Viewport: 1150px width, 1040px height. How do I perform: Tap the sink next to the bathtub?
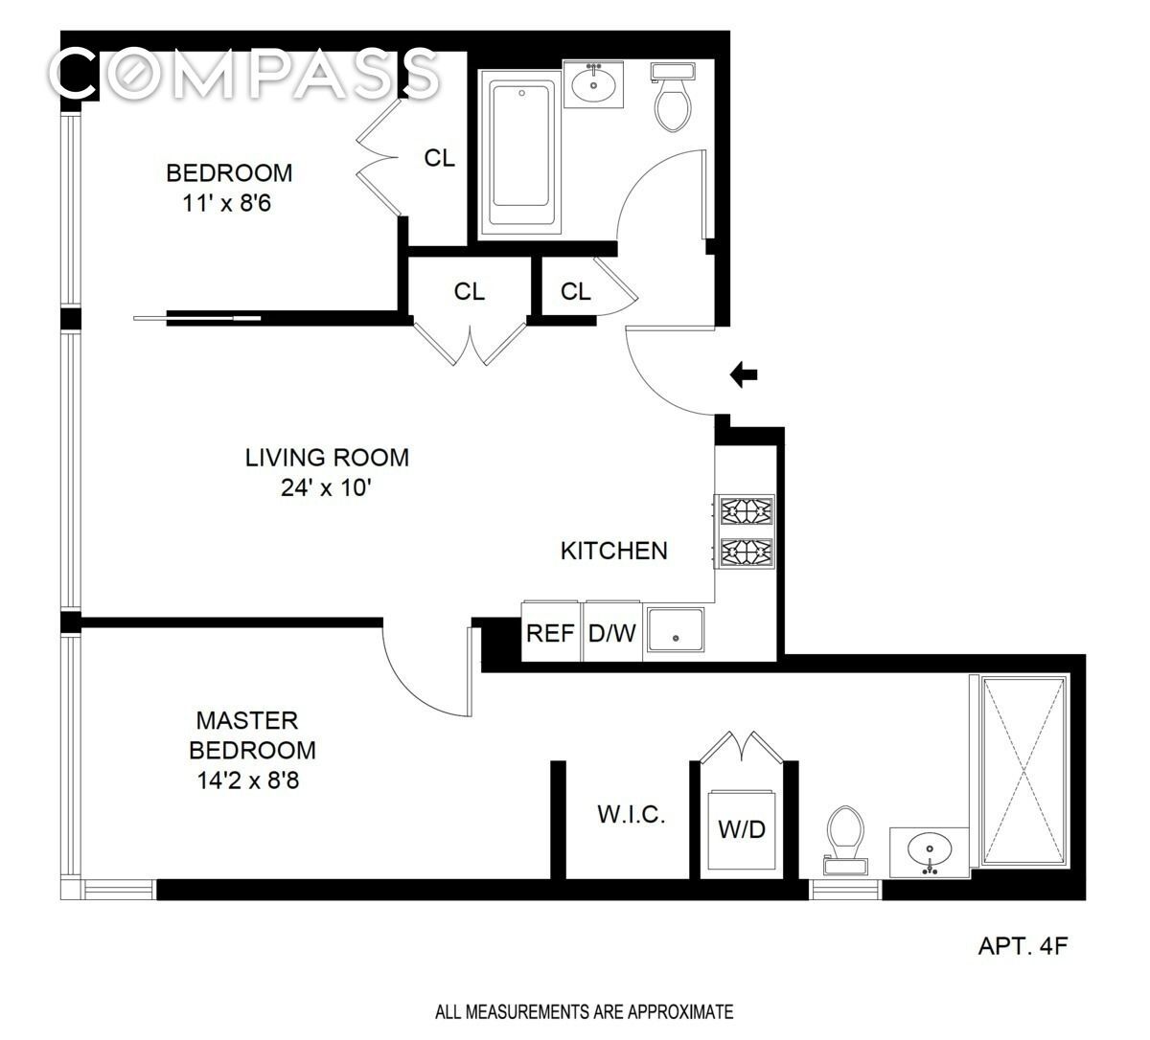593,83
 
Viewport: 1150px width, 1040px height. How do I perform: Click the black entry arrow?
744,375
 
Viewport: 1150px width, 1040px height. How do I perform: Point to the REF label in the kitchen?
550,633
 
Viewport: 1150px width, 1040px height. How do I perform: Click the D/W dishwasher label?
612,633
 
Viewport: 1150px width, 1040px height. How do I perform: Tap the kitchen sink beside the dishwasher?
676,630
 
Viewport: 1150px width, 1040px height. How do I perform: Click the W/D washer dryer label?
742,829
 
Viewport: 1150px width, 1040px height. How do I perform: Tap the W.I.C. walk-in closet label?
632,814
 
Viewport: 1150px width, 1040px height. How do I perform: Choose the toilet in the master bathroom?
845,840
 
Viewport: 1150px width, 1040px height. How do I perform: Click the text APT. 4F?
1023,946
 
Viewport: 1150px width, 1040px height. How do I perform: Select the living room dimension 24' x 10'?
327,488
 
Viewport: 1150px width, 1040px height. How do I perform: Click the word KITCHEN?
614,551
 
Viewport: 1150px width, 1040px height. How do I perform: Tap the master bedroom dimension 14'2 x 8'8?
247,780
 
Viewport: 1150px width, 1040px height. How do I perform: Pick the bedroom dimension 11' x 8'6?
226,203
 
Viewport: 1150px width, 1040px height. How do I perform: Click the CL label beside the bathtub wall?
440,158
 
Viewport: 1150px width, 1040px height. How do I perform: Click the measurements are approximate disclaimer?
585,1012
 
